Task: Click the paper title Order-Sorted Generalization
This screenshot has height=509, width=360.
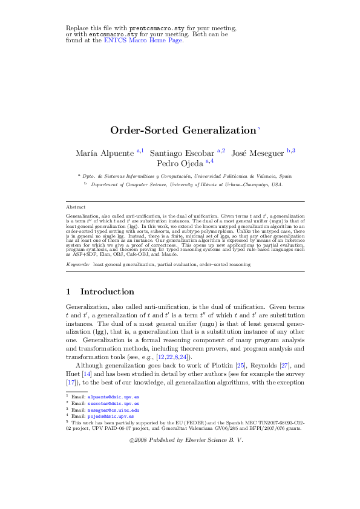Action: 183,130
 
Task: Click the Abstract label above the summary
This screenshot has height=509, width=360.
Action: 76,207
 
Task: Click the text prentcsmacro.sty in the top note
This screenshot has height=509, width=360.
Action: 154,28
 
